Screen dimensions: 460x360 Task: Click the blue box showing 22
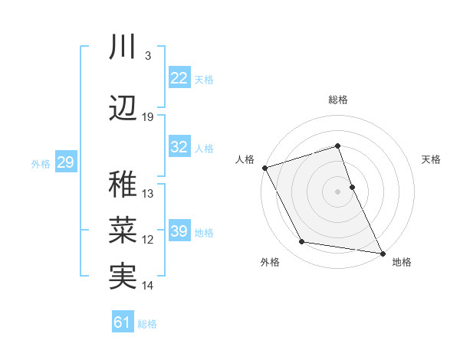tap(179, 78)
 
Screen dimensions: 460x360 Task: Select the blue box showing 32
tap(179, 147)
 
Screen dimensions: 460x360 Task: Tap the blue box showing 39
tap(179, 231)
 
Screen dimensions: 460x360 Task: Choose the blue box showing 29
tap(65, 162)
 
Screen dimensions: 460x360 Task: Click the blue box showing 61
tap(123, 322)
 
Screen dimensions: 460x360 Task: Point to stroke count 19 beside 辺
tap(148, 117)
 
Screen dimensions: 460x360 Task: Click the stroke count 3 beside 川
tap(147, 56)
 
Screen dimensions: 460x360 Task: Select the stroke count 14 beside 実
tap(148, 286)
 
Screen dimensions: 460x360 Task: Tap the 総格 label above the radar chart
tap(338, 100)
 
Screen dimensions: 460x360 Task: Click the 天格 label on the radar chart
tap(432, 159)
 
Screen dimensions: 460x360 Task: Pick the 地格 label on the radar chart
tap(402, 263)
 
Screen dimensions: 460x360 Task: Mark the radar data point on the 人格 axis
tap(264, 168)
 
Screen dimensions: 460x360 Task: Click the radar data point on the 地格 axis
tap(382, 252)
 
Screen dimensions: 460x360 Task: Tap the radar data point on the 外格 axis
tap(302, 242)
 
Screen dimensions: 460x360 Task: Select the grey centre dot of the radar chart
tap(338, 191)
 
